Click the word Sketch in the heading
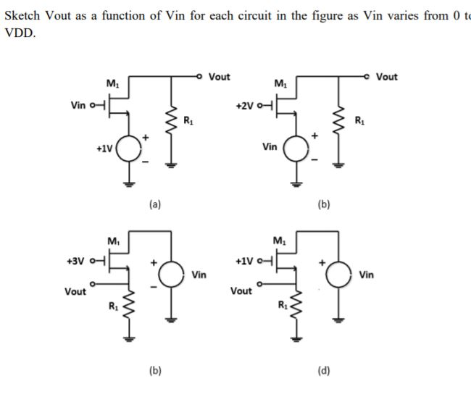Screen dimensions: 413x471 (22, 17)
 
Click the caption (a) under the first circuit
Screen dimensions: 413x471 (155, 205)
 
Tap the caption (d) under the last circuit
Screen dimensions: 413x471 (323, 372)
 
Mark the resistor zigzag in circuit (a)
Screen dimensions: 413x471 (172, 120)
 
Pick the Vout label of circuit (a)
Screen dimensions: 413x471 (219, 77)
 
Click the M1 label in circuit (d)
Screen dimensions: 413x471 (279, 241)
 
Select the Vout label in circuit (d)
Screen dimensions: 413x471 (241, 291)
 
